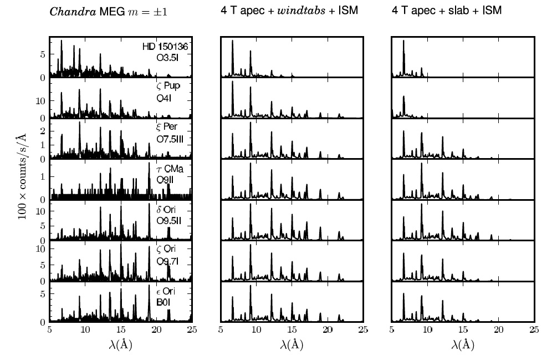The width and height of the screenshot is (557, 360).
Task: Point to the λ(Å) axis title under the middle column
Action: coord(292,344)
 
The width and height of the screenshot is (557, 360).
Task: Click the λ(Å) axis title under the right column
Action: coord(462,344)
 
